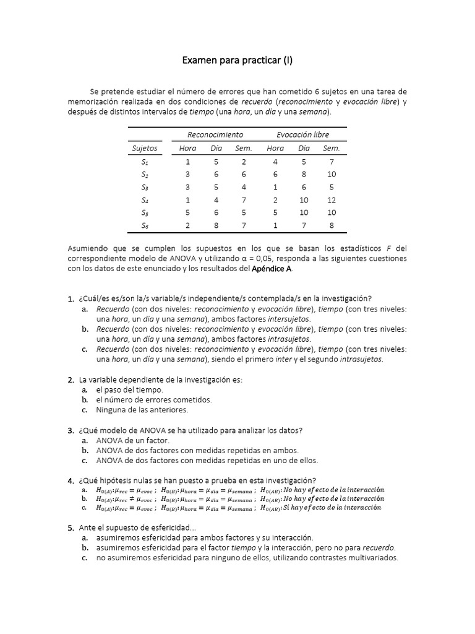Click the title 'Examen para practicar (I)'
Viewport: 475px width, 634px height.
[237, 61]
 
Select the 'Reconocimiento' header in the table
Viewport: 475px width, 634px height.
[215, 134]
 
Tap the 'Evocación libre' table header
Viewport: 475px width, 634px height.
[303, 134]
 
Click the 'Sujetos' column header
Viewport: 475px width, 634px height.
[145, 149]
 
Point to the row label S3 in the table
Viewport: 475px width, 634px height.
[145, 187]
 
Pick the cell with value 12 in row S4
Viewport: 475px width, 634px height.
[332, 200]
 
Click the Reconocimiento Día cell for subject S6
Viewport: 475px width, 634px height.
[216, 226]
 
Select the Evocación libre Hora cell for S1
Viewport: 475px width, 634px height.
[275, 162]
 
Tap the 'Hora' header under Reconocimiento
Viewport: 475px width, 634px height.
[187, 149]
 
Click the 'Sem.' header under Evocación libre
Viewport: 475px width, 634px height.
[332, 149]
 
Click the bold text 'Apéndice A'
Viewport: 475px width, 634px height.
[272, 269]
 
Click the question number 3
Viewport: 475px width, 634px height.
[71, 431]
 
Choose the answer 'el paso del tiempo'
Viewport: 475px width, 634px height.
[129, 390]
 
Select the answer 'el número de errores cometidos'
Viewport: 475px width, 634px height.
[153, 400]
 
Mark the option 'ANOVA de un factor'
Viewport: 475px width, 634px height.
[132, 440]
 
